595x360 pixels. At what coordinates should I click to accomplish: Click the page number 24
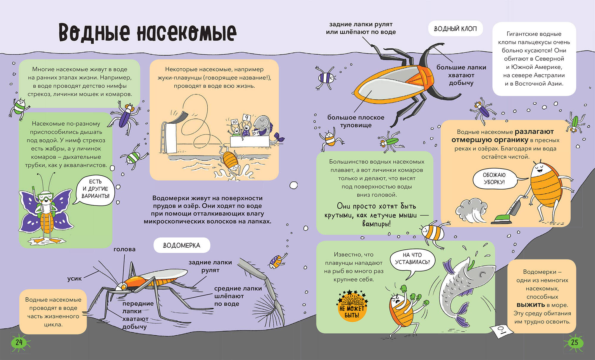click(x=19, y=342)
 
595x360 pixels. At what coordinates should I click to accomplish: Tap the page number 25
click(x=574, y=342)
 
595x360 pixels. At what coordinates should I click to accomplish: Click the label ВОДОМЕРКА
click(x=181, y=246)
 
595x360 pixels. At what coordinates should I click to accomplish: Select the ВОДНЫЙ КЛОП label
click(x=455, y=29)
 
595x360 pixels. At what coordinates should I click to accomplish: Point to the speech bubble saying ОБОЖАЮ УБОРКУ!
click(x=494, y=179)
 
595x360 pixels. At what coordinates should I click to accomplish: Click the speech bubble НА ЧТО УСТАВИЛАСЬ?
click(x=412, y=259)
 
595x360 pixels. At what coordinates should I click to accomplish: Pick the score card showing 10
click(x=234, y=122)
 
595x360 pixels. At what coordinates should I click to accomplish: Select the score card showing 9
click(x=246, y=117)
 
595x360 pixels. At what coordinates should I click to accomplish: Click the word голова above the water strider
click(x=124, y=249)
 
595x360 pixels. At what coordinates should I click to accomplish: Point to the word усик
click(x=74, y=279)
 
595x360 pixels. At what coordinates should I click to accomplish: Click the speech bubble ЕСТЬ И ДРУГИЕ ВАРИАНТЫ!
click(x=95, y=189)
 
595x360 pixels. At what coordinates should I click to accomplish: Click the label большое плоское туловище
click(x=356, y=121)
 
